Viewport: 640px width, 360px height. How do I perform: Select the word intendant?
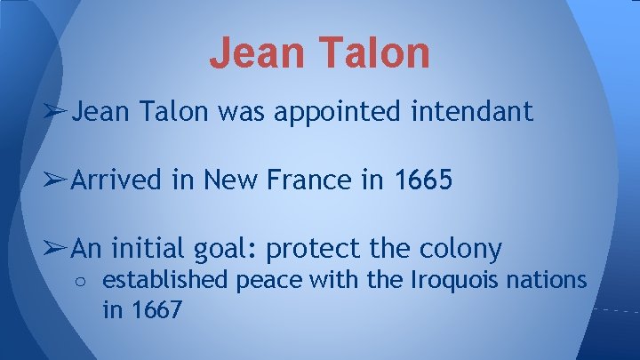476,111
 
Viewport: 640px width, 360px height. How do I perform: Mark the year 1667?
157,311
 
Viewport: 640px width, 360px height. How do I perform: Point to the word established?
165,281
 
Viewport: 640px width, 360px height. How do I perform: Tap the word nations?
548,281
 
